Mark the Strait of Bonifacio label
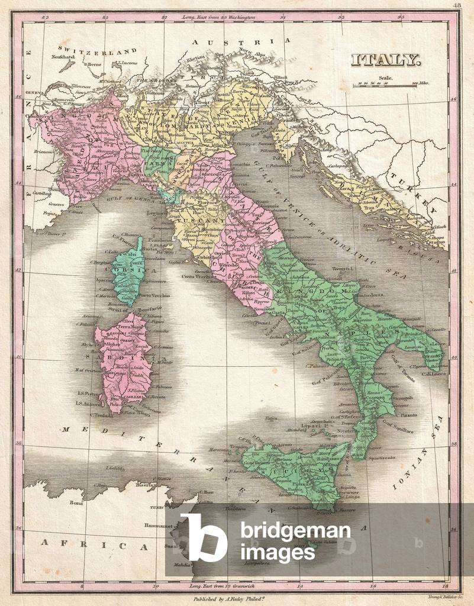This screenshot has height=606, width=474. pos(124,309)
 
